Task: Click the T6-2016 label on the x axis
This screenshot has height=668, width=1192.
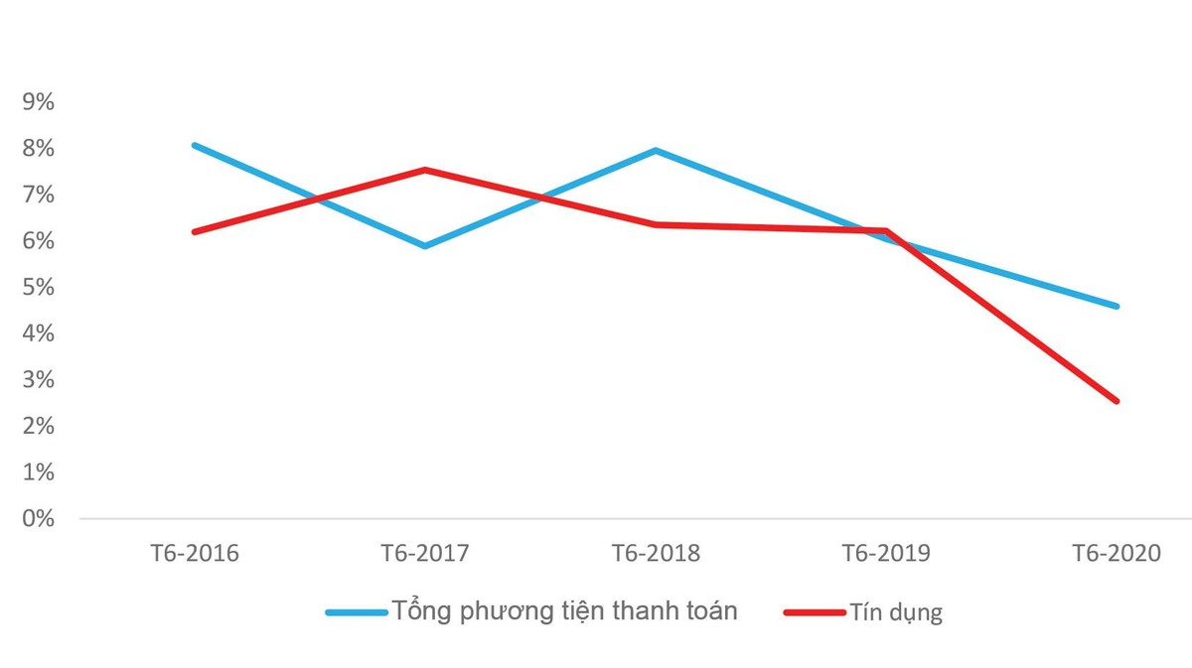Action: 195,553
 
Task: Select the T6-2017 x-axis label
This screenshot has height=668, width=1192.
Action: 425,553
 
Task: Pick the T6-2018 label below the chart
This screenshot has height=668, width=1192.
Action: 656,553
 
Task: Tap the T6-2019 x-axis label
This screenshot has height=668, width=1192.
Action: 886,553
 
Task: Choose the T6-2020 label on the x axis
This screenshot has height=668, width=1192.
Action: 1117,553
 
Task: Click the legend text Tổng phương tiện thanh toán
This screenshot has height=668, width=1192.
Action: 564,611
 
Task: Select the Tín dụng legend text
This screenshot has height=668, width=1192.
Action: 895,612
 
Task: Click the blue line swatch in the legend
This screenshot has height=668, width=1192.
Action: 356,612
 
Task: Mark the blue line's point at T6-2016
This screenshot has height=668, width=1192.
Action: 195,145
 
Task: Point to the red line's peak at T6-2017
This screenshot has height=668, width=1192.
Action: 425,170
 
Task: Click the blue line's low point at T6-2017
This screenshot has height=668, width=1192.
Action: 425,245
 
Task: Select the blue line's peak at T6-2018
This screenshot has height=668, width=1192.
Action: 656,150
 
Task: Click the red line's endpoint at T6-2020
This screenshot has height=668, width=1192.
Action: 1117,401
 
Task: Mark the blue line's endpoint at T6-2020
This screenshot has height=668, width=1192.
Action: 1117,306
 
